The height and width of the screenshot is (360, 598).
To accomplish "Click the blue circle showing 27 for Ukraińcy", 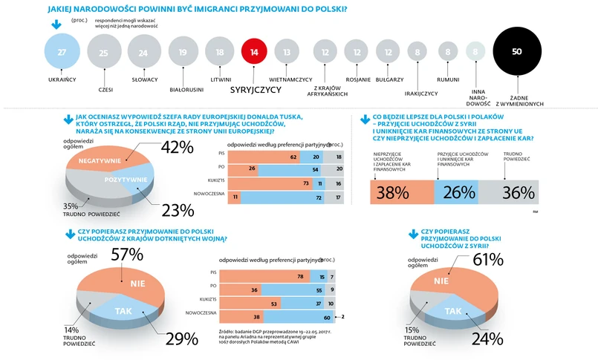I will pos(62,52).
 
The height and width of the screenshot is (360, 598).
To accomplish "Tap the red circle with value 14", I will pos(254,52).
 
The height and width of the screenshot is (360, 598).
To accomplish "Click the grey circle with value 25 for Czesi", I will pos(103,52).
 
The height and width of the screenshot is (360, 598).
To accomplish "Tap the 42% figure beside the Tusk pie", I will pos(176,147).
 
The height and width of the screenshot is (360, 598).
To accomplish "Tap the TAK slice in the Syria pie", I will pos(452,311).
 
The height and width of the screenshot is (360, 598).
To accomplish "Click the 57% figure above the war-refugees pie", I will pos(127,255).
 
